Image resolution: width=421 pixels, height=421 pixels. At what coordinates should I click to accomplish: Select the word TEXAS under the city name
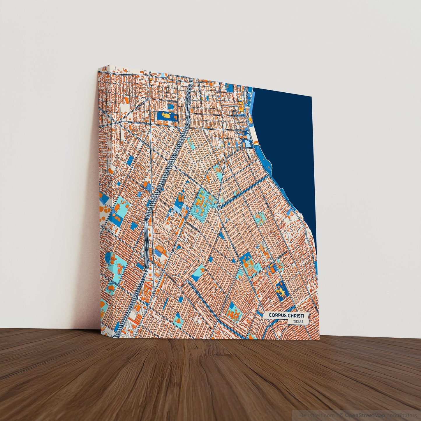298,322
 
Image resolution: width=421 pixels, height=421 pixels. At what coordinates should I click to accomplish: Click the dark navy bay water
288,131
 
